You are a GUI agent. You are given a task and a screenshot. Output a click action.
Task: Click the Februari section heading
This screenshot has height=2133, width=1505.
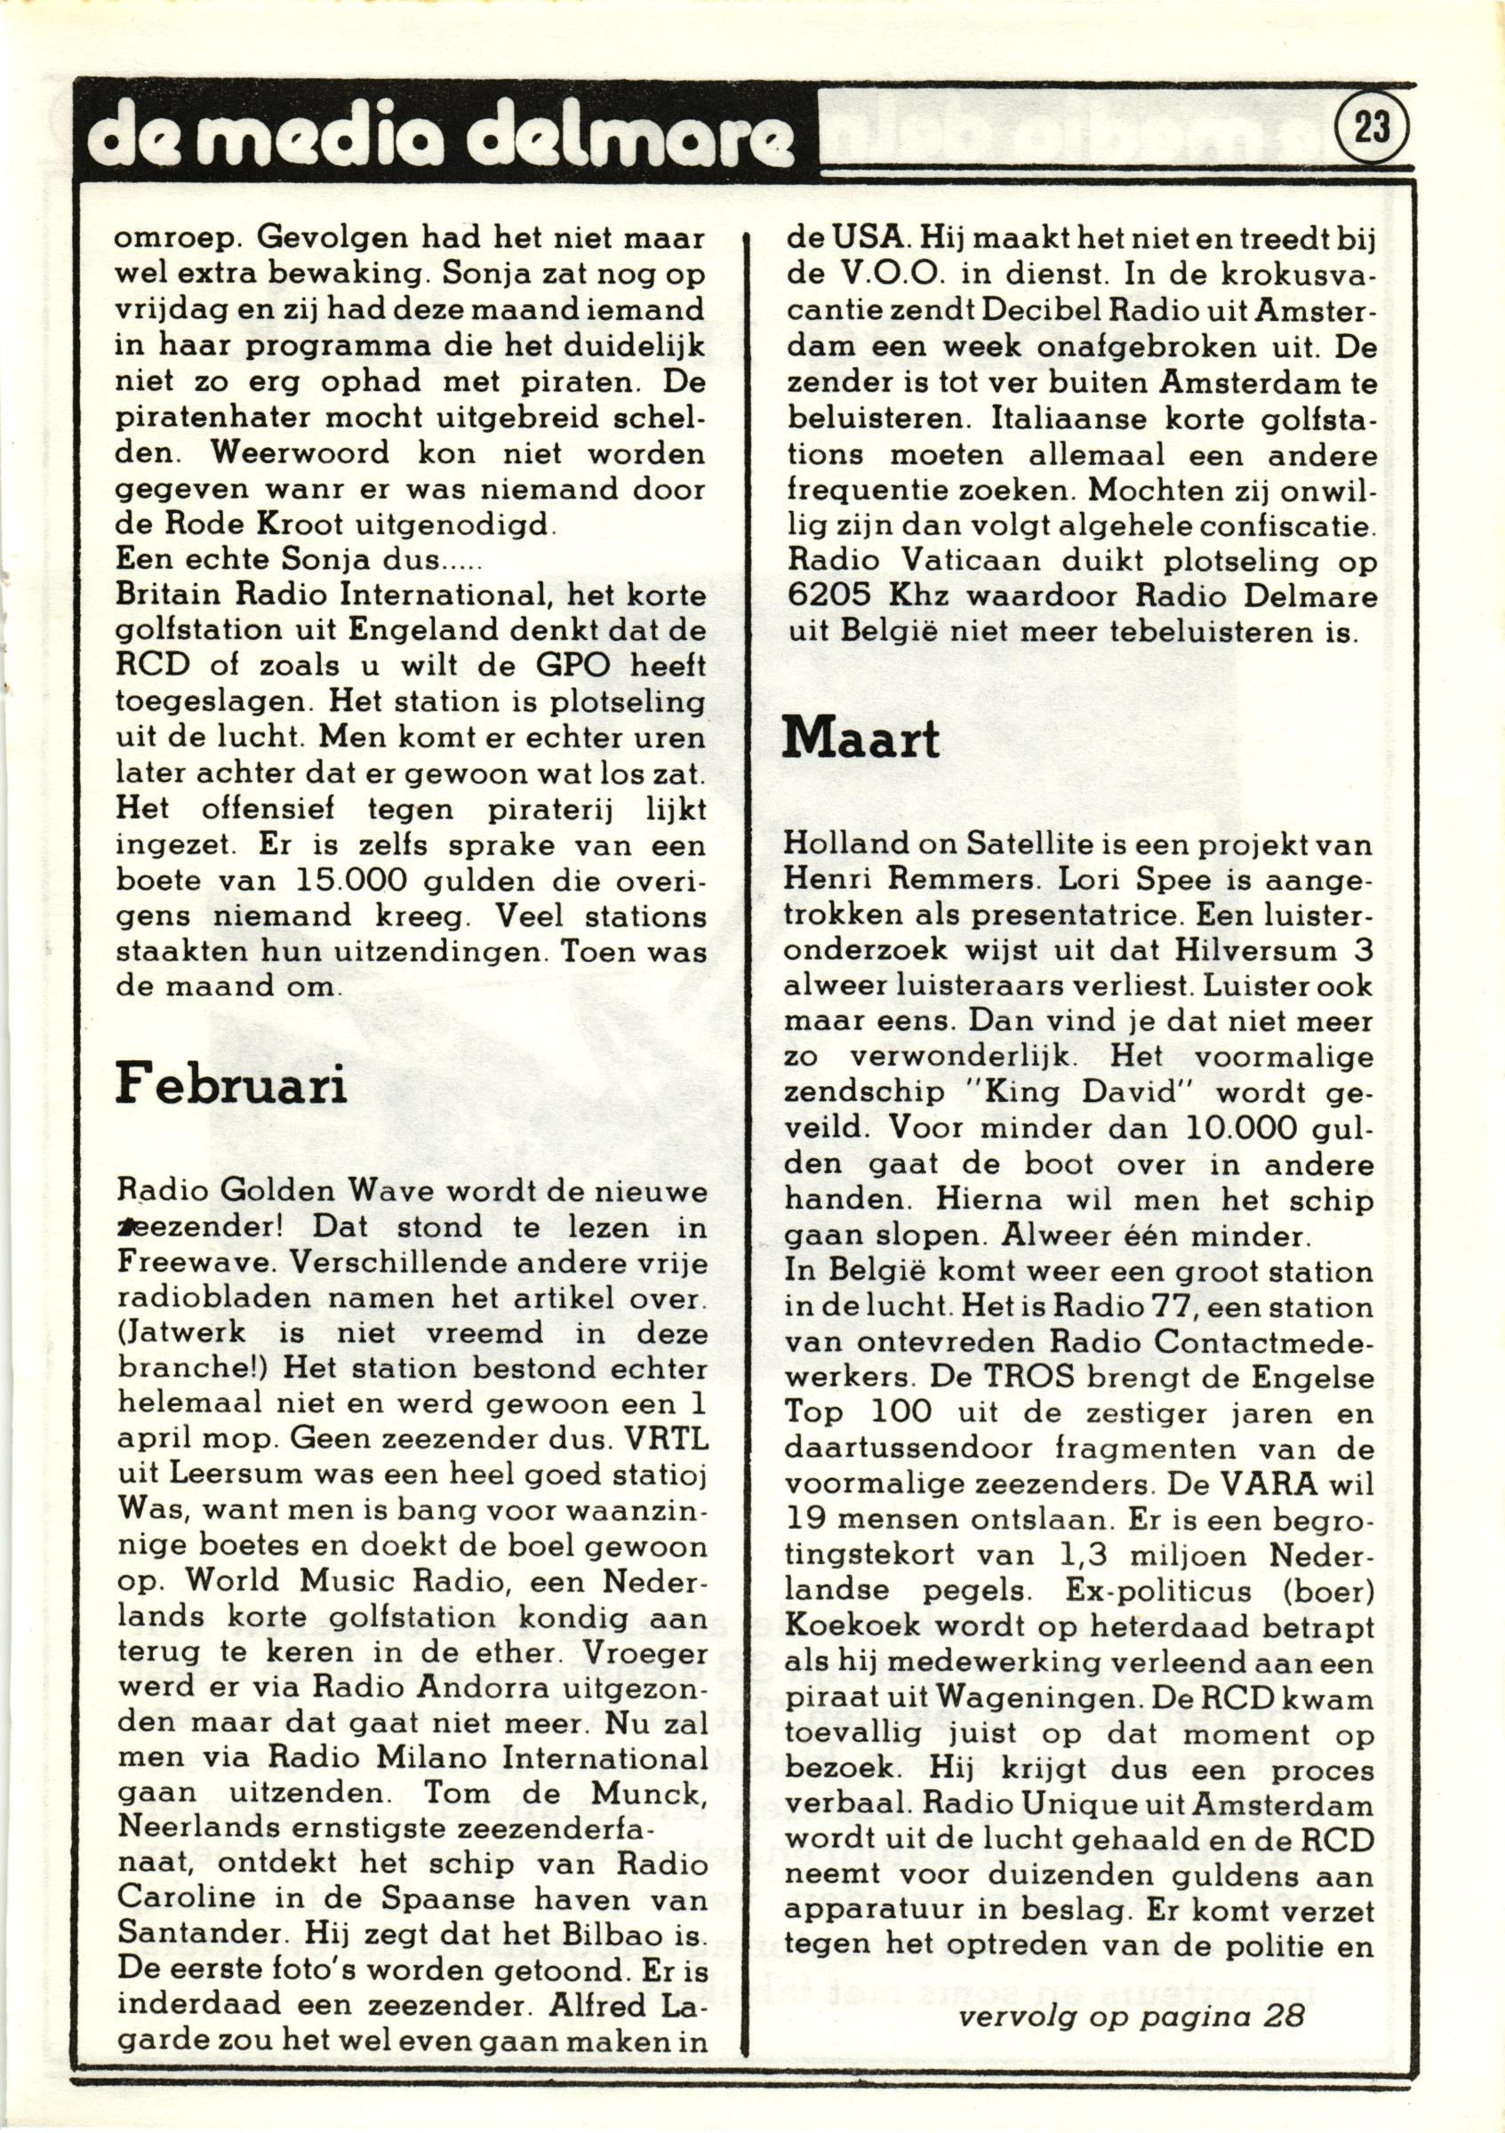pyautogui.click(x=231, y=1084)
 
